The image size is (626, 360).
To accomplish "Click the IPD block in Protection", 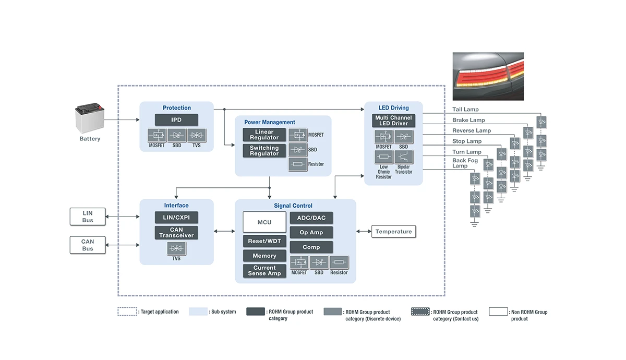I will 176,120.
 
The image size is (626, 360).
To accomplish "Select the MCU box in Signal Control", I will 264,222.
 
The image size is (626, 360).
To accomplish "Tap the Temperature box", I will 393,232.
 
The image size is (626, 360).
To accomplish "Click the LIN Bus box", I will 88,217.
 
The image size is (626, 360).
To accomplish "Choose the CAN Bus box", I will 88,245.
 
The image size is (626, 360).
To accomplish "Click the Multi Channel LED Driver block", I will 393,121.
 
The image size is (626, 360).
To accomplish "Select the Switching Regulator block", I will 264,151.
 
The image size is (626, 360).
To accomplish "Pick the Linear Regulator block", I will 264,135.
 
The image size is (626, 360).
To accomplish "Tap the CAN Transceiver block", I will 176,233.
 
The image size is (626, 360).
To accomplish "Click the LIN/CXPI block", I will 176,218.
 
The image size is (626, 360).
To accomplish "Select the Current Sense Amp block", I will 264,270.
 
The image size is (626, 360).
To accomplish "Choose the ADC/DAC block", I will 311,218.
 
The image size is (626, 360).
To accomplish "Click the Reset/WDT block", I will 264,241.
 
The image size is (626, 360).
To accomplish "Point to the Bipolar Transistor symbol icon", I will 403,157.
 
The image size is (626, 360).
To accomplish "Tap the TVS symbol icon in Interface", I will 176,249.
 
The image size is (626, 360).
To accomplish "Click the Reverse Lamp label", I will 472,130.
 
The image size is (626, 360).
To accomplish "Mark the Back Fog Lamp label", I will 465,163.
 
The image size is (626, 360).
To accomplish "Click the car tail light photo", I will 488,76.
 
